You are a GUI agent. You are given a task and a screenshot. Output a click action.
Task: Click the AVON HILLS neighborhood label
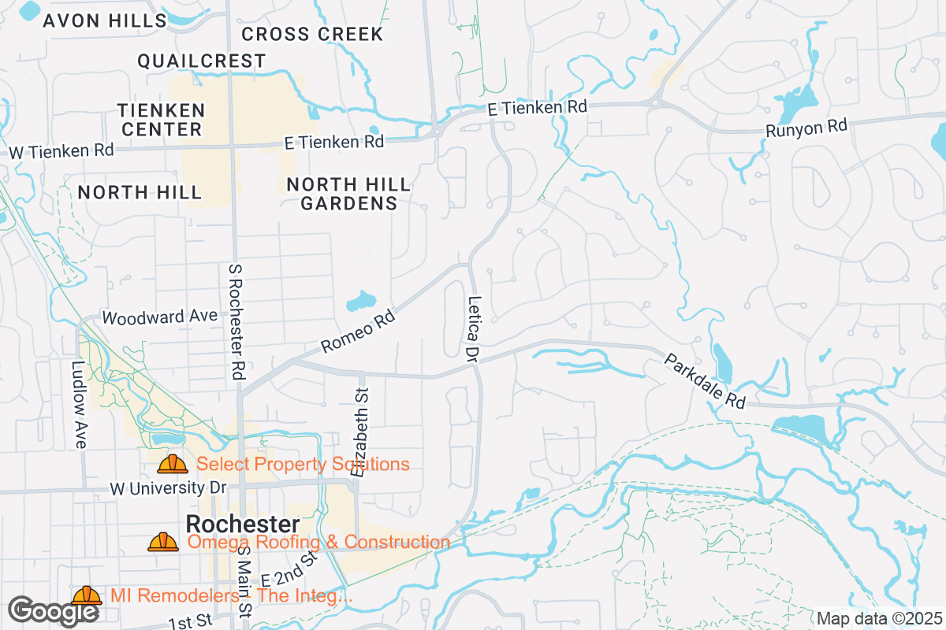(105, 21)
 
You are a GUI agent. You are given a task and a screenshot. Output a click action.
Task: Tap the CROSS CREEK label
(312, 34)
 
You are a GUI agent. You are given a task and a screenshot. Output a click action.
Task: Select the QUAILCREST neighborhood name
(201, 61)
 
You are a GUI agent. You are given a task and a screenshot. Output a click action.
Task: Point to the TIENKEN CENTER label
(161, 120)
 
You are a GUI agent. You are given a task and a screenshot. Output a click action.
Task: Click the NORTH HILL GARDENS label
(348, 194)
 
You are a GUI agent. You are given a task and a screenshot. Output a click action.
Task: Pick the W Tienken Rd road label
(61, 150)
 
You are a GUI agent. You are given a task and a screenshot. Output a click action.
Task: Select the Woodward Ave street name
(159, 317)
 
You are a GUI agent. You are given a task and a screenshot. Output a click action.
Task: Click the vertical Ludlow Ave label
(78, 405)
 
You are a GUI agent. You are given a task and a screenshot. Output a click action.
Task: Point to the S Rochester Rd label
(234, 323)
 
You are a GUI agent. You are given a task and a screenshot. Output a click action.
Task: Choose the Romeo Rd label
(357, 332)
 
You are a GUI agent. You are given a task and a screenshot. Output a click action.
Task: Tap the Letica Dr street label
(473, 329)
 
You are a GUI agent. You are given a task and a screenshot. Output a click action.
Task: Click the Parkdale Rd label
(704, 380)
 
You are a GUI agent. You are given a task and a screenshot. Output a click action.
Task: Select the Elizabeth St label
(362, 432)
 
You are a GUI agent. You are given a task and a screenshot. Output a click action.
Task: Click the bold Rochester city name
(242, 524)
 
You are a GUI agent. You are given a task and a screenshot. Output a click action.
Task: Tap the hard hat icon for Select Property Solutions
(172, 464)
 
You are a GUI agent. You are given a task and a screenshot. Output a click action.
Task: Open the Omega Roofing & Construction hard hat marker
(163, 542)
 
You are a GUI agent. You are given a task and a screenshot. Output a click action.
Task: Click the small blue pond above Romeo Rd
(361, 301)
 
